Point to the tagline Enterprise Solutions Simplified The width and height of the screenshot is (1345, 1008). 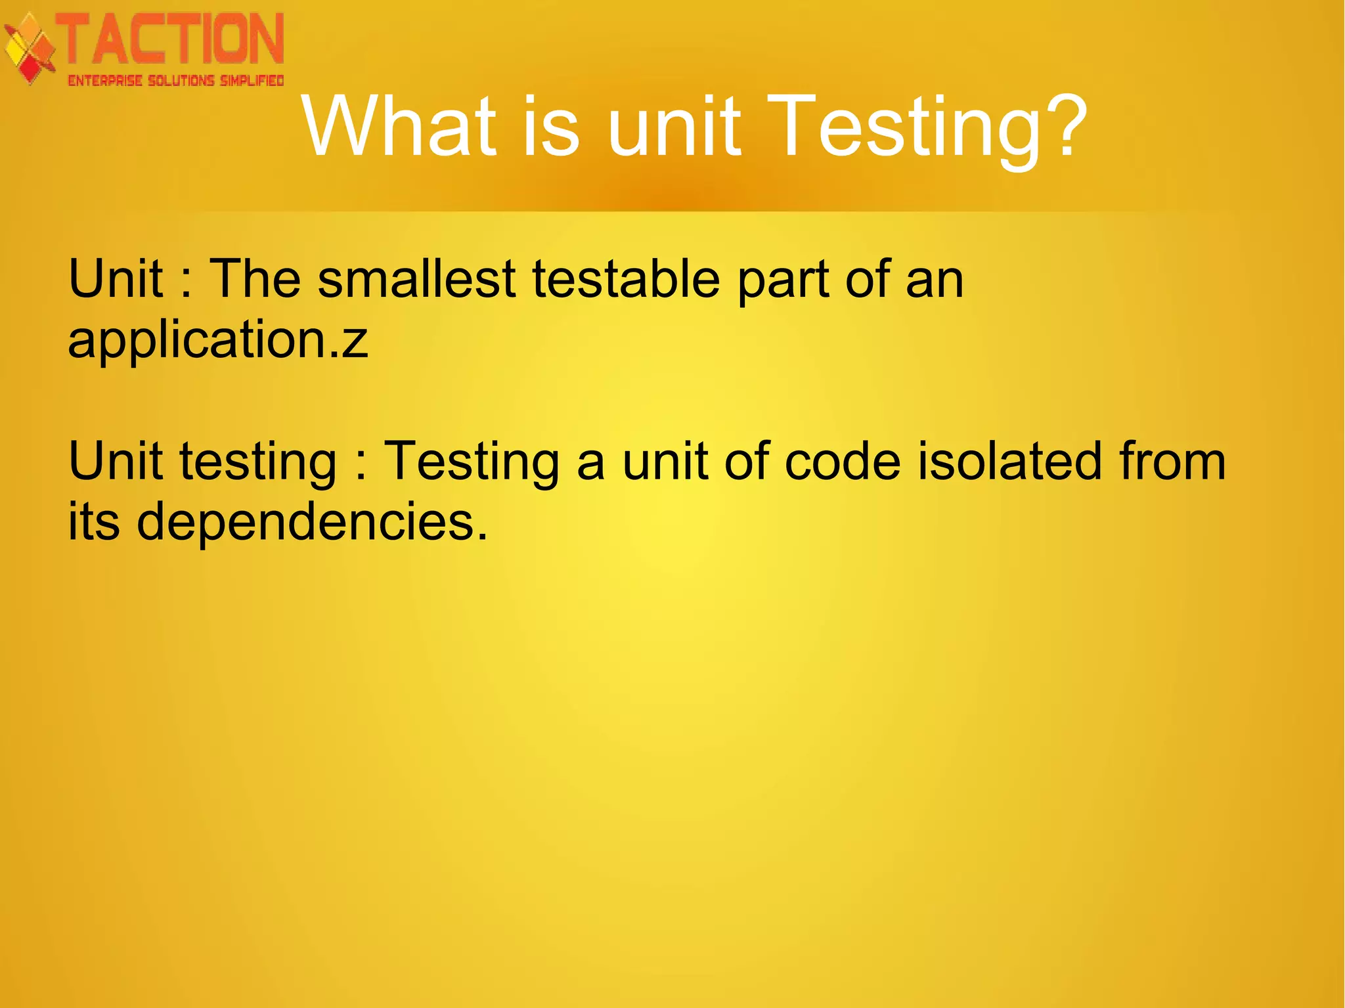pyautogui.click(x=175, y=81)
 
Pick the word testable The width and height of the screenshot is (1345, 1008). pyautogui.click(x=627, y=278)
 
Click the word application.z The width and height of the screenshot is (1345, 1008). pyautogui.click(x=218, y=340)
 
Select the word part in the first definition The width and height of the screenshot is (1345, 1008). pyautogui.click(x=783, y=280)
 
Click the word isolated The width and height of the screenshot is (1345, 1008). pyautogui.click(x=1009, y=461)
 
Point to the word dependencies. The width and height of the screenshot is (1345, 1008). pyautogui.click(x=312, y=521)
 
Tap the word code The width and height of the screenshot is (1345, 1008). pyautogui.click(x=843, y=461)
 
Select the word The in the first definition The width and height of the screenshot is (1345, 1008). pyautogui.click(x=255, y=278)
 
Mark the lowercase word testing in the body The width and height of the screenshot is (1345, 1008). pyautogui.click(x=258, y=462)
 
